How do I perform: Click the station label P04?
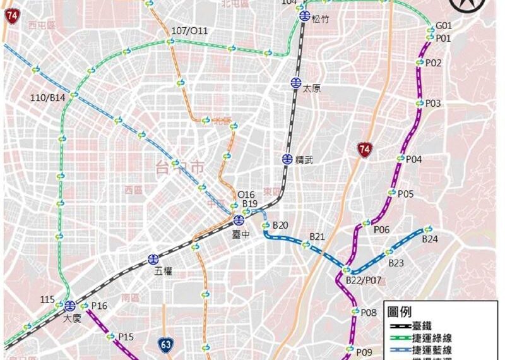(413, 160)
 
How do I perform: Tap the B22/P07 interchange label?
(365, 280)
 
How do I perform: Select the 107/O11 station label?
(189, 31)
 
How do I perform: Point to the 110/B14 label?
(48, 98)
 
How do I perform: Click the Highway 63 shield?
(166, 345)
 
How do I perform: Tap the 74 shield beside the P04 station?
(364, 150)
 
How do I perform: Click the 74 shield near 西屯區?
(11, 16)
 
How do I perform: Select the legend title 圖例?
(400, 312)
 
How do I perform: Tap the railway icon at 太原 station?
(295, 83)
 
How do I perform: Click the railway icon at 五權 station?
(153, 259)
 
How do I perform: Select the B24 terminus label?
(430, 239)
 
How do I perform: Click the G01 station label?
(444, 26)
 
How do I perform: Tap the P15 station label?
(126, 337)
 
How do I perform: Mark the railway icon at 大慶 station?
(69, 306)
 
